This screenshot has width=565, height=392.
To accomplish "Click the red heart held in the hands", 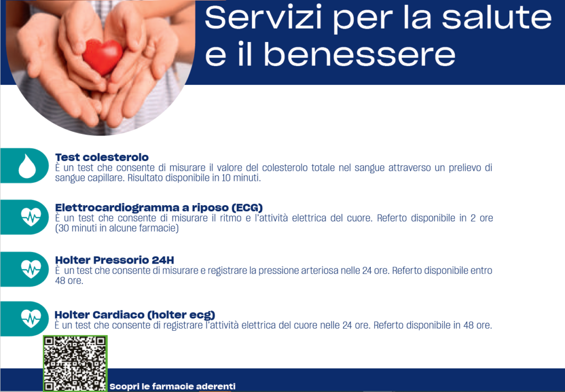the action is [103, 57].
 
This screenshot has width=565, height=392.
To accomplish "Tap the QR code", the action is [75, 363].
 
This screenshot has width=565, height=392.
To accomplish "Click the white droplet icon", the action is [27, 166].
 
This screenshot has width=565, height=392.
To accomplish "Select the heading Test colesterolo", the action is [102, 157].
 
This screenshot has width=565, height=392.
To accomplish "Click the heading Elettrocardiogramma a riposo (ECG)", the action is [159, 208].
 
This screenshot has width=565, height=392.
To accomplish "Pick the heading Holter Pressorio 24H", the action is [115, 260].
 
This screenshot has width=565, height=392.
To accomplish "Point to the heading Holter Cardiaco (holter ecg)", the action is [135, 315].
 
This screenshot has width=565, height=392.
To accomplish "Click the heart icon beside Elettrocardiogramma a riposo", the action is [31, 217].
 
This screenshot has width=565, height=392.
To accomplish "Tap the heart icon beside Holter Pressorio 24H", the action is [31, 269].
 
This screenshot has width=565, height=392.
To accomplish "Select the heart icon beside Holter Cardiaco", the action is [31, 319].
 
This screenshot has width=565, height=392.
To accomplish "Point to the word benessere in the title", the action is [360, 55].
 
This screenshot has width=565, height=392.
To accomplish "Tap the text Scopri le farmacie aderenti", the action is [173, 386].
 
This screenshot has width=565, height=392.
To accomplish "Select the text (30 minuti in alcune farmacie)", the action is [117, 228].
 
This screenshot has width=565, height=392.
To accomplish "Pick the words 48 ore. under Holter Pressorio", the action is [69, 281].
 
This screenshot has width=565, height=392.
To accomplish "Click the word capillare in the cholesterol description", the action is [104, 178].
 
